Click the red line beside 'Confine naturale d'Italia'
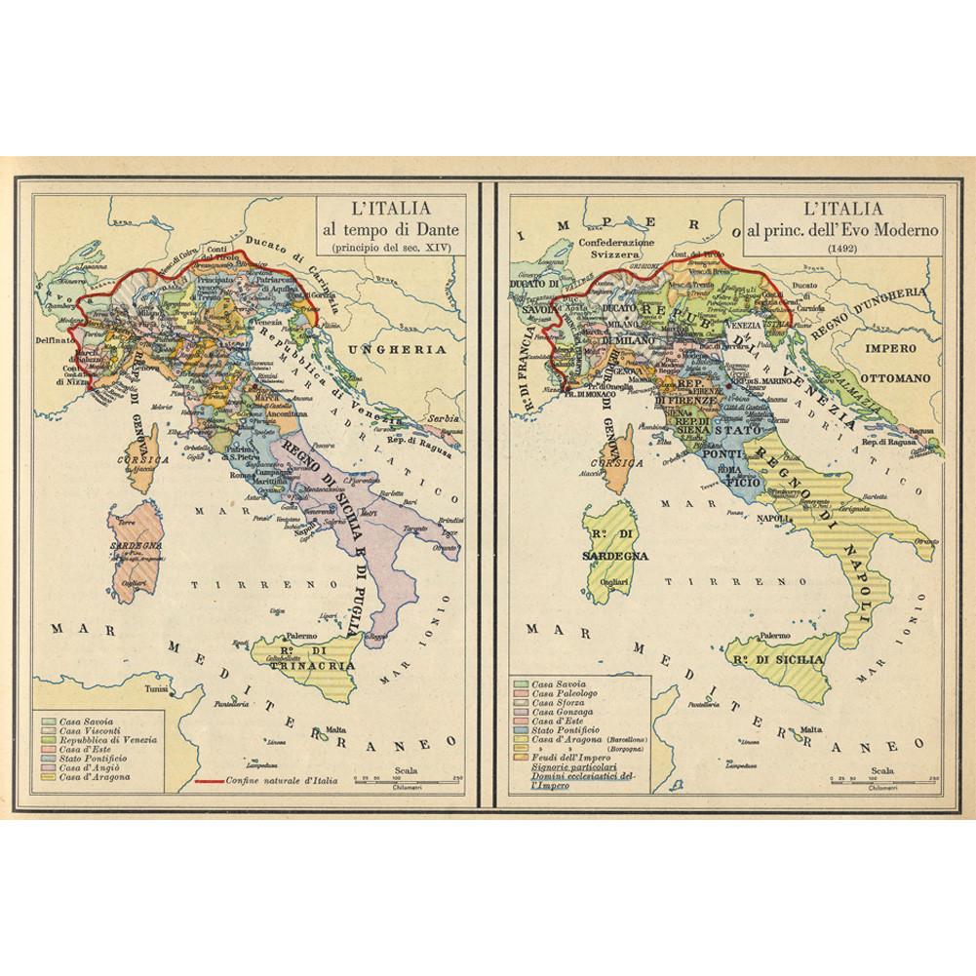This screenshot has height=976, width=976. [209, 780]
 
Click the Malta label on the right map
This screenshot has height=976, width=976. [808, 729]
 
